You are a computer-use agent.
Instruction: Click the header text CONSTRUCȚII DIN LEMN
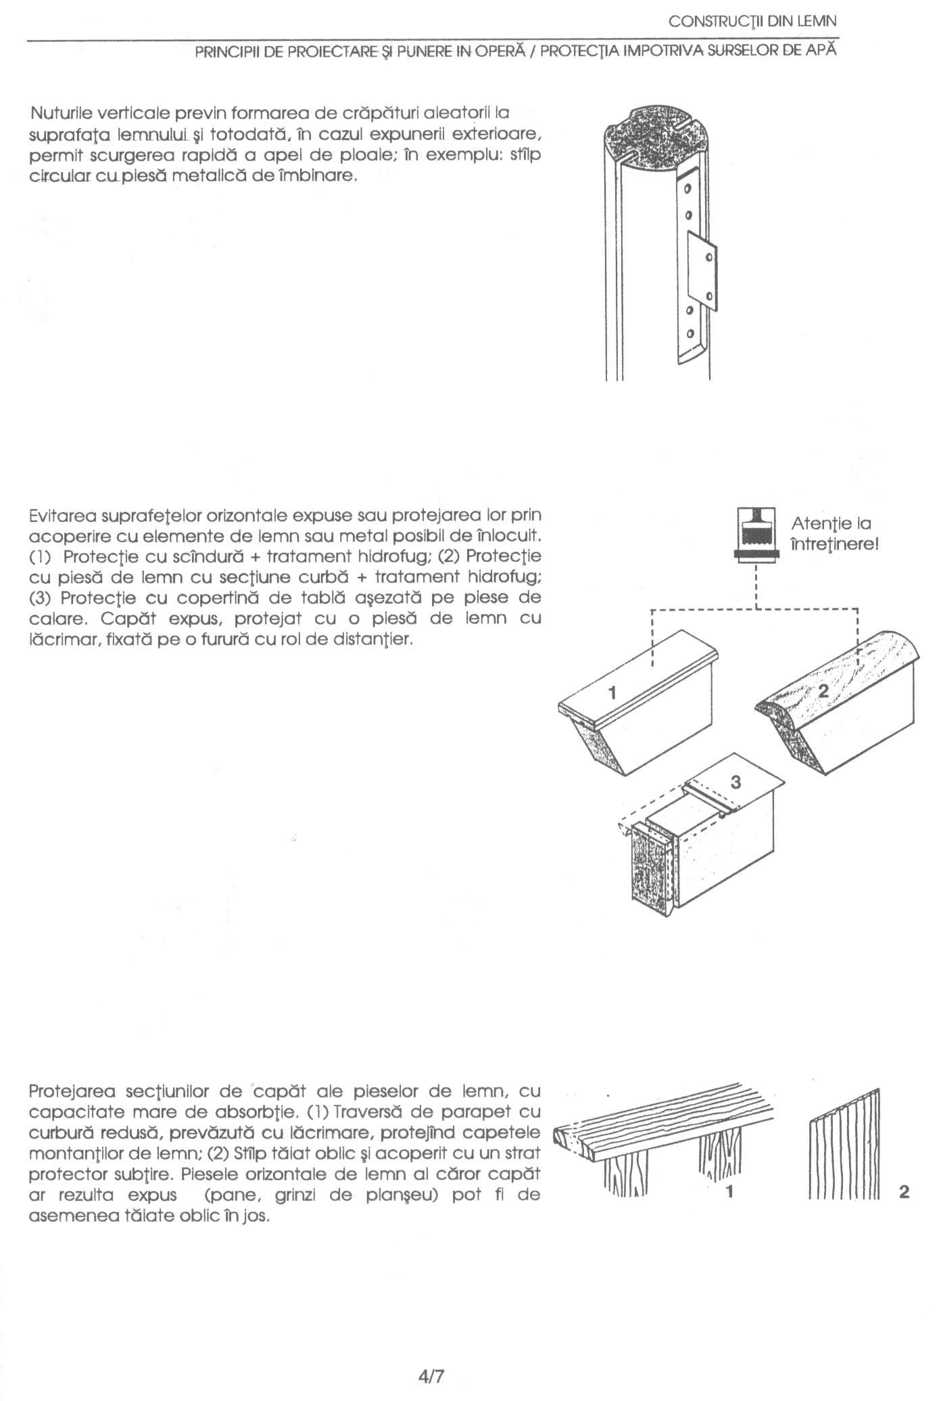(752, 22)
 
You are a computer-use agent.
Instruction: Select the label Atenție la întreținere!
(834, 533)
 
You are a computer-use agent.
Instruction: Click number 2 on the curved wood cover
(823, 690)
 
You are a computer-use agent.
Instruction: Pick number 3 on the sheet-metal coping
(736, 782)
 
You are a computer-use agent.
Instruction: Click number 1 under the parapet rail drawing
(729, 1191)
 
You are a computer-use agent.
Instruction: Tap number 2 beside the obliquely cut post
(904, 1192)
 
